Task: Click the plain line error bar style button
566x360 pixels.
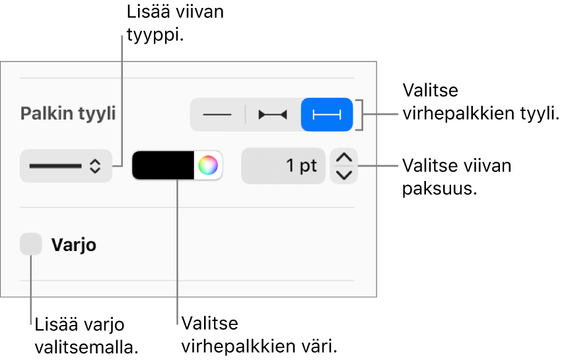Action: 217,114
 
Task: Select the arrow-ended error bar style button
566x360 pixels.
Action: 273,114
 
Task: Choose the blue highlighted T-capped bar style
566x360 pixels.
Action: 327,114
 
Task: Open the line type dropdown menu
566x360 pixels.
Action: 65,166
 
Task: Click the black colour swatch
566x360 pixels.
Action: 163,165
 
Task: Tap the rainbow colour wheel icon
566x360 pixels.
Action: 208,165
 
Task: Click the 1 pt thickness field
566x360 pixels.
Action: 283,166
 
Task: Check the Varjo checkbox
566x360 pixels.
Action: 31,244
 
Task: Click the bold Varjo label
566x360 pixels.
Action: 74,245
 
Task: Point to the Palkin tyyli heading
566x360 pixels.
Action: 68,114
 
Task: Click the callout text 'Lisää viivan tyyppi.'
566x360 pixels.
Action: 175,24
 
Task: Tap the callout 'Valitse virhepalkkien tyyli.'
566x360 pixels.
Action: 481,102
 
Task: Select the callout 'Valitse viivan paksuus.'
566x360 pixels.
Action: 456,177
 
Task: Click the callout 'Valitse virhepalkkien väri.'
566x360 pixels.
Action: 259,335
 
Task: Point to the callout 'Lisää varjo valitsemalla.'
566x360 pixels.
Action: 87,336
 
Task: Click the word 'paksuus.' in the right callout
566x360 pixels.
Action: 440,188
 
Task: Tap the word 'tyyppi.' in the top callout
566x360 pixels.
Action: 155,36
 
